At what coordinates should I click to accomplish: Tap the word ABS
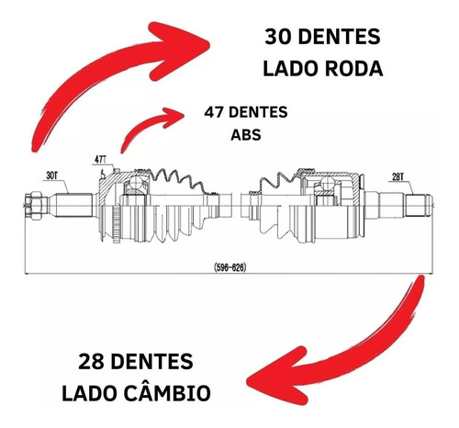[x=246, y=135]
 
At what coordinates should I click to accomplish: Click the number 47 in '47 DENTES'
[x=214, y=112]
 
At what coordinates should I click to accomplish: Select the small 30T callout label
[x=51, y=175]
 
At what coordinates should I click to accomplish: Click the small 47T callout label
[x=100, y=160]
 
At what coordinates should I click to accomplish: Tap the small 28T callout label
[x=397, y=177]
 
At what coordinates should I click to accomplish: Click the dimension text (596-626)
[x=230, y=267]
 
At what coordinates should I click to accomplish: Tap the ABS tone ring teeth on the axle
[x=116, y=224]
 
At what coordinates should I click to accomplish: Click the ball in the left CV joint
[x=136, y=183]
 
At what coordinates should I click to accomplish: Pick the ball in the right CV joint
[x=326, y=183]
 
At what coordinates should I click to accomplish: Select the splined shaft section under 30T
[x=74, y=205]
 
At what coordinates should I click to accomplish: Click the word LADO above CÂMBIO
[x=90, y=393]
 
